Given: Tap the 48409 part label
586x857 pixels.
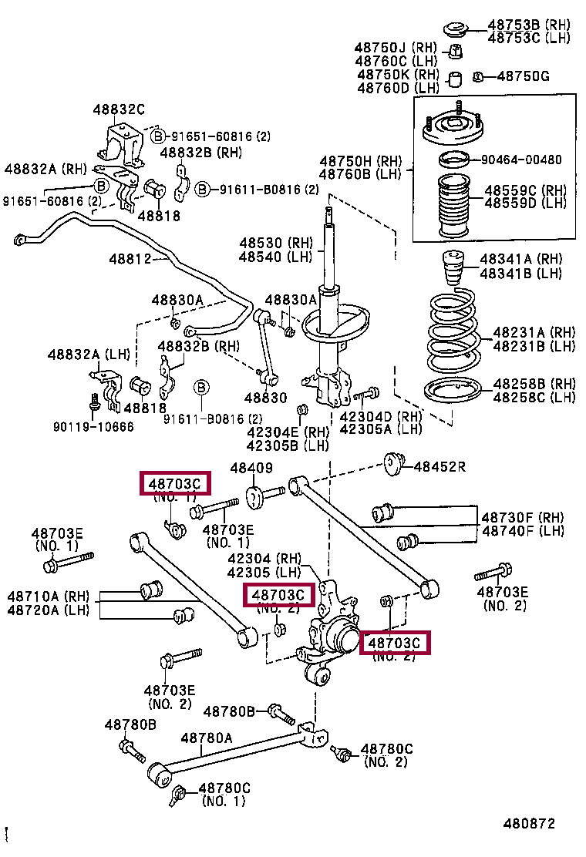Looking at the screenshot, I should tap(251, 468).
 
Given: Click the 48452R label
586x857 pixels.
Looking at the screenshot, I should tap(440, 465).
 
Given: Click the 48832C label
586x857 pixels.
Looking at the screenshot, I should tap(119, 110).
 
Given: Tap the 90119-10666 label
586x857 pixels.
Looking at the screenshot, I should tap(93, 426).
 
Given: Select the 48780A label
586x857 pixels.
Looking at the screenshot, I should tap(207, 738).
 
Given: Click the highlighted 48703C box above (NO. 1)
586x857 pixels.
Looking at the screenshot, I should tap(174, 483).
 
